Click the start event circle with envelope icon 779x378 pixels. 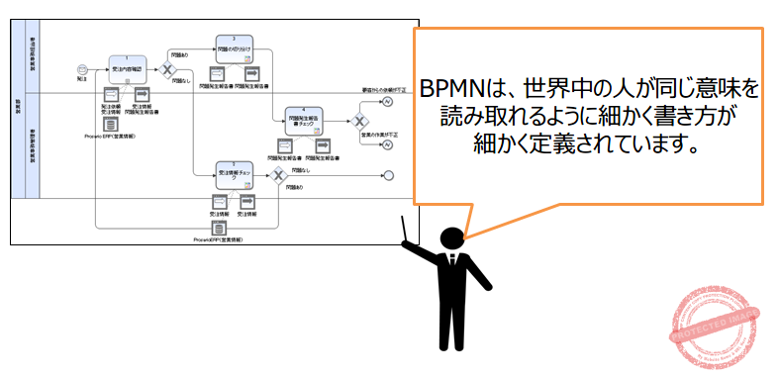point(83,69)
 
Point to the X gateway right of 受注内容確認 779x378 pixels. point(167,69)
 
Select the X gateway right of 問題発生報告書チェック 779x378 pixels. point(360,121)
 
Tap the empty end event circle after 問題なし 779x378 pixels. point(389,176)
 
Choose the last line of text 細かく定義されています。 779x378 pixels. point(588,143)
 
